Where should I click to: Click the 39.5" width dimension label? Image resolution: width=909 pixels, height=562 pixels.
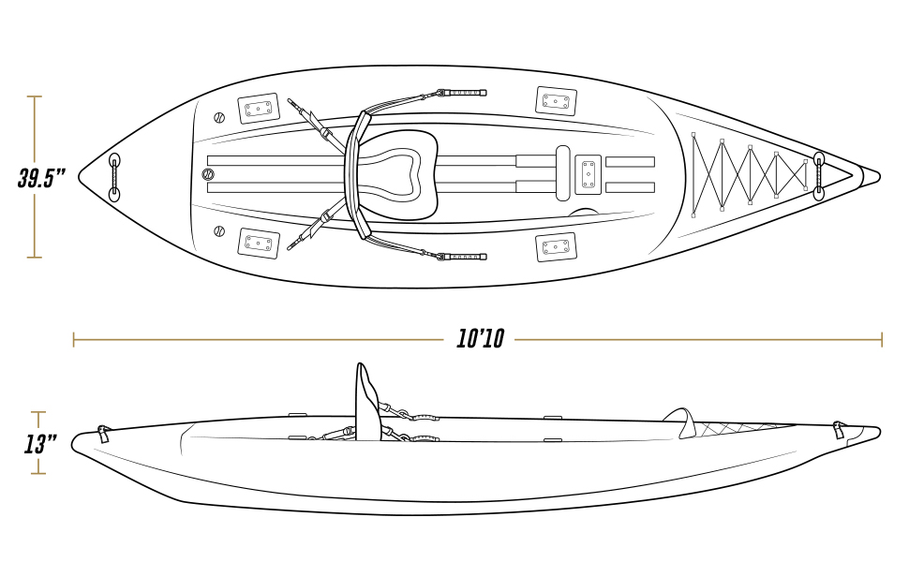point(41,178)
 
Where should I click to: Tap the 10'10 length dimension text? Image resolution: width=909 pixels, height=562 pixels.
point(480,339)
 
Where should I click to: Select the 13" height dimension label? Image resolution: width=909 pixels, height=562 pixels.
point(40,443)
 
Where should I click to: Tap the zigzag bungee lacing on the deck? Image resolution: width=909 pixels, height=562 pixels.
point(748,174)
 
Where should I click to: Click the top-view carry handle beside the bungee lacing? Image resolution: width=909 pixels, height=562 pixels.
point(818,175)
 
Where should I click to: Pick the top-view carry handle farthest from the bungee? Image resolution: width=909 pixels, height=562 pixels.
point(114,177)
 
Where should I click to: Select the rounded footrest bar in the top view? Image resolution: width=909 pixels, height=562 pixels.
point(562,173)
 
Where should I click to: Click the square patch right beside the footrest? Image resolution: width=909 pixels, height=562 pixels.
point(588,174)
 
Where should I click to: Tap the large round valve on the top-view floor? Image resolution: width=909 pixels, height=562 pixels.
point(208,174)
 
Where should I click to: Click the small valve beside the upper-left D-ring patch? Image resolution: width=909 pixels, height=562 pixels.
point(219,118)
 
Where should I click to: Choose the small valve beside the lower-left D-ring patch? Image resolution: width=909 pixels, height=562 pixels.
point(219,231)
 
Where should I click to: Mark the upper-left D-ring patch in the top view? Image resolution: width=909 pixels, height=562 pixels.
point(258,110)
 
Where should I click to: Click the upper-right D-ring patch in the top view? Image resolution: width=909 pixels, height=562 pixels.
point(556,101)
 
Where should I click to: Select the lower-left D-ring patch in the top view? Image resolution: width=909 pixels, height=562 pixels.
point(258,244)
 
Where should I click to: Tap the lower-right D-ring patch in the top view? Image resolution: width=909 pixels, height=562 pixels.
point(556,247)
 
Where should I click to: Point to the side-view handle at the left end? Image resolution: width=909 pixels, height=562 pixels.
point(102,433)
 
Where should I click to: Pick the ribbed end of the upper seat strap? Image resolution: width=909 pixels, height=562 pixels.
point(467,93)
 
